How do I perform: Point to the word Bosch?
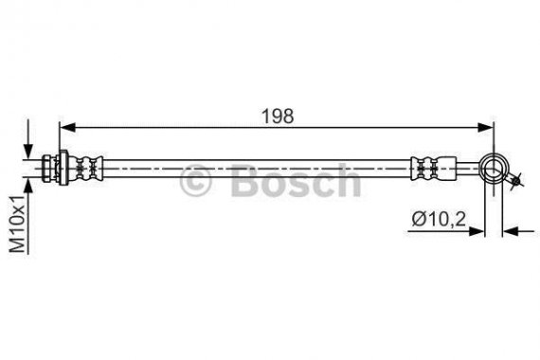(x=295, y=180)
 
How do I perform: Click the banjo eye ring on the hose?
(x=495, y=170)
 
